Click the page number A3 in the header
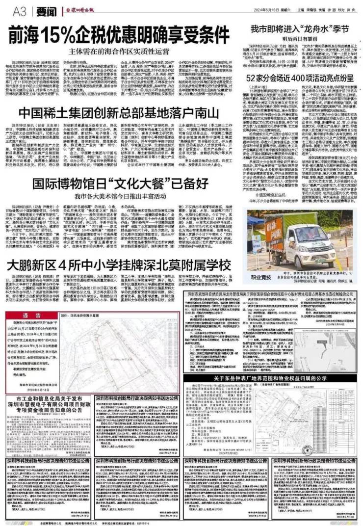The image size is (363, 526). pos(19,10)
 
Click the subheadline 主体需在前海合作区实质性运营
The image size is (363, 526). pos(125,51)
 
